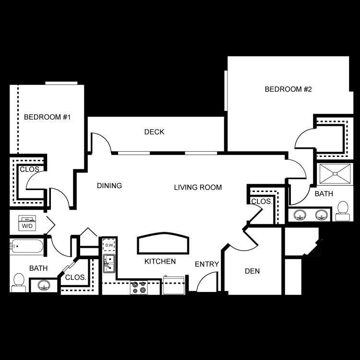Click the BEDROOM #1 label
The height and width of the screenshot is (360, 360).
point(47,117)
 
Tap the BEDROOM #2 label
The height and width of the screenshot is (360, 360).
point(288,89)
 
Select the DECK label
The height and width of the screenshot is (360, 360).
point(154,132)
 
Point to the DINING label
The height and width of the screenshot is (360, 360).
point(109,185)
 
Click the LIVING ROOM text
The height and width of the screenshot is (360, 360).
point(198,187)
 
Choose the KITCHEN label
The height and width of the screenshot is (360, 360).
point(160,261)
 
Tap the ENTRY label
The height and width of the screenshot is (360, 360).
point(207,264)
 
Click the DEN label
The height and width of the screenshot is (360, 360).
point(252,271)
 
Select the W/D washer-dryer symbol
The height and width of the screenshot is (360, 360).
point(27,223)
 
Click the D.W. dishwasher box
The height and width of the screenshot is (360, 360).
point(109,245)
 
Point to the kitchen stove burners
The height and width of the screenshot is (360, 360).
point(139,288)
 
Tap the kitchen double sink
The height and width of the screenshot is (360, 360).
point(109,264)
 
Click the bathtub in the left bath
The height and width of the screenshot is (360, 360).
point(26,247)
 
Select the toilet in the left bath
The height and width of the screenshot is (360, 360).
point(19,283)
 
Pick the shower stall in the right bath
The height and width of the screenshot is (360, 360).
point(335,174)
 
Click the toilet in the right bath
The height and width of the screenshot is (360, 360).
point(343,211)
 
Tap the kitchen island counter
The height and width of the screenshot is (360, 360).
point(163,243)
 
